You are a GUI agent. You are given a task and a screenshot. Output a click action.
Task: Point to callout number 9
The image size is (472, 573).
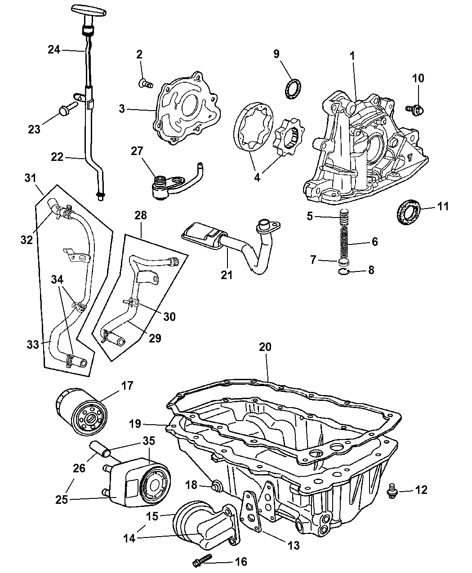pyautogui.click(x=276, y=54)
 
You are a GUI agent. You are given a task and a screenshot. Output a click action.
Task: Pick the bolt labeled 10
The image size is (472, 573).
pyautogui.click(x=414, y=108)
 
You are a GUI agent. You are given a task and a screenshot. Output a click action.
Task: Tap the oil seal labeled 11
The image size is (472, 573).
pyautogui.click(x=408, y=212)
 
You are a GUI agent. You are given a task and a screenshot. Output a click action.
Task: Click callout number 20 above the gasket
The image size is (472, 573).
pyautogui.click(x=266, y=347)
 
